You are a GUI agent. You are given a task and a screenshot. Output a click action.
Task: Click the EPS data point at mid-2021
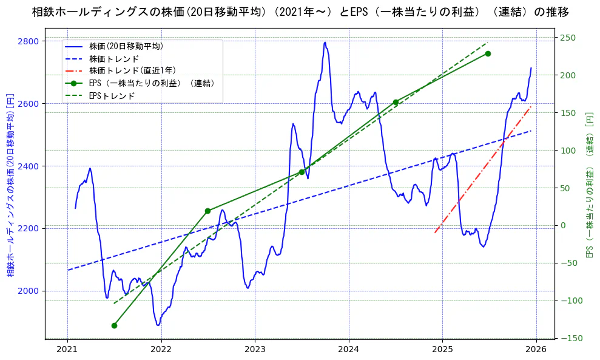[x=114, y=325]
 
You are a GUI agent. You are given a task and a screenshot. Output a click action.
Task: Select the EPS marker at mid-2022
[x=207, y=211]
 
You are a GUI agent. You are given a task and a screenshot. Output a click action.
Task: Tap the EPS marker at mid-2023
[x=302, y=172]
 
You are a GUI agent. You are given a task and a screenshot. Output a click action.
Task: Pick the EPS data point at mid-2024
[x=396, y=102]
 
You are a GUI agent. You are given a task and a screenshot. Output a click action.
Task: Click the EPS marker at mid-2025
[x=488, y=53]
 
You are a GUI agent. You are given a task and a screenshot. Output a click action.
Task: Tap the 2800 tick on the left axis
[x=29, y=41]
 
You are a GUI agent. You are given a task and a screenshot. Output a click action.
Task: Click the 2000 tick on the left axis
[x=29, y=291]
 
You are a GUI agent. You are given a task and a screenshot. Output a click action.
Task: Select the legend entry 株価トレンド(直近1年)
[x=132, y=70]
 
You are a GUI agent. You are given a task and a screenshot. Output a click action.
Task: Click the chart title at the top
[x=300, y=12]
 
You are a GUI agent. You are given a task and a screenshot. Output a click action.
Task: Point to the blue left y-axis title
[x=10, y=185]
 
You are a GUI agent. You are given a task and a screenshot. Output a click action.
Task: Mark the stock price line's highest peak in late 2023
[x=325, y=42]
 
